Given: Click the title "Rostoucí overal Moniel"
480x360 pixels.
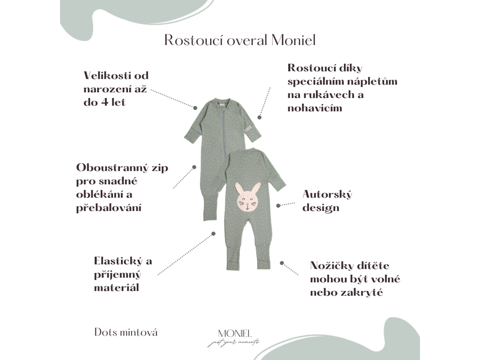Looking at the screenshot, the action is pyautogui.click(x=240, y=40).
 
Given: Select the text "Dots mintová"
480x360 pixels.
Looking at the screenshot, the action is pyautogui.click(x=126, y=332).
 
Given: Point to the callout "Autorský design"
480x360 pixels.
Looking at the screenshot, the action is pyautogui.click(x=327, y=201).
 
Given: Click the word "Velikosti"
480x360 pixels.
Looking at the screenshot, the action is pyautogui.click(x=107, y=75).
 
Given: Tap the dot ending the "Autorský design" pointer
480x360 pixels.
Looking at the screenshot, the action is pyautogui.click(x=278, y=205).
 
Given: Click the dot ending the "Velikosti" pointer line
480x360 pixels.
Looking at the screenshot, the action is pyautogui.click(x=195, y=107).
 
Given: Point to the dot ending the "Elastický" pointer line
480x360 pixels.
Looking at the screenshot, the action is pyautogui.click(x=213, y=233).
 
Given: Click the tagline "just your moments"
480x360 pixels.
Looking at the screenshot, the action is pyautogui.click(x=233, y=343).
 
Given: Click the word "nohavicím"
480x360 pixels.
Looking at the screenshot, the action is pyautogui.click(x=315, y=108).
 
